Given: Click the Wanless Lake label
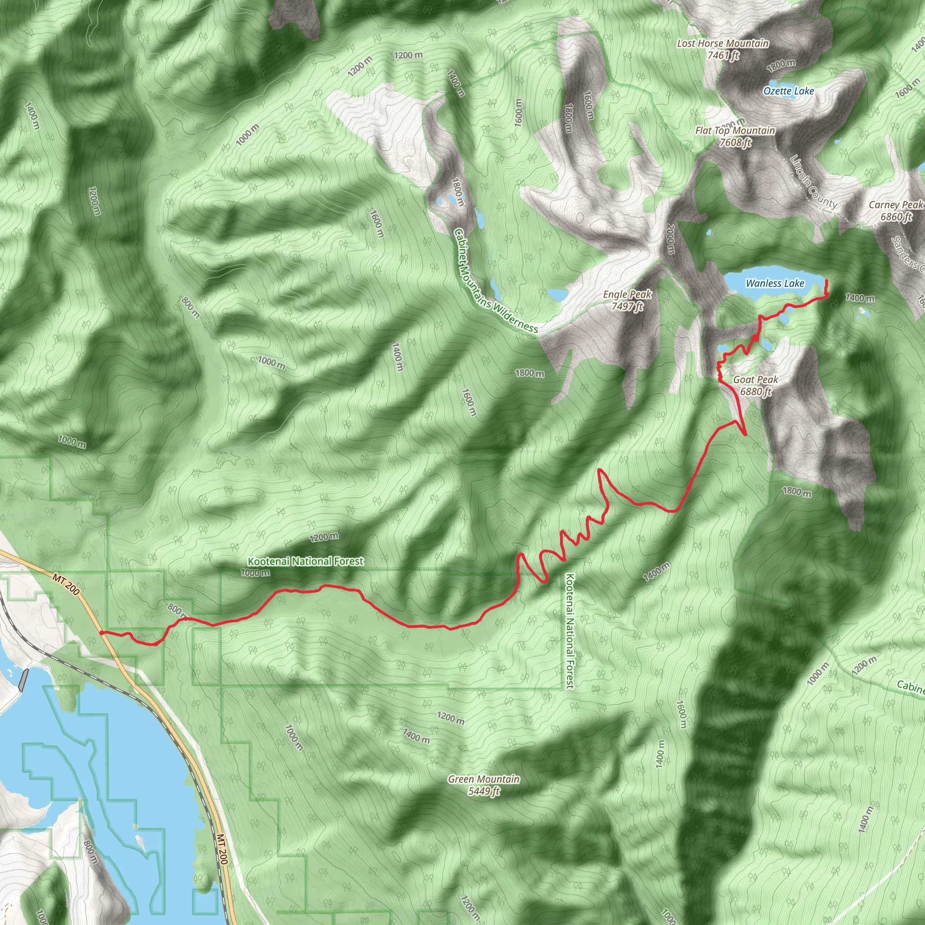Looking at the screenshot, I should click(775, 284).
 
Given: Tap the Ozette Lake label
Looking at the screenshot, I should click(789, 91).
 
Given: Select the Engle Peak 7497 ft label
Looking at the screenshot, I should click(627, 300).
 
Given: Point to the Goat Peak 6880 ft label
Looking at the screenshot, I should click(756, 385).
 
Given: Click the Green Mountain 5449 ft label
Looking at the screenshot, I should click(484, 785).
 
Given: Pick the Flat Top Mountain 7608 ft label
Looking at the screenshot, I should click(735, 136).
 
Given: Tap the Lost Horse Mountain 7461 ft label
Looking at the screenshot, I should click(723, 49).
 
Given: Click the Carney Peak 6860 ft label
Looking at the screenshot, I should click(896, 210).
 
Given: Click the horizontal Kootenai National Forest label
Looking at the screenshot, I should click(305, 561).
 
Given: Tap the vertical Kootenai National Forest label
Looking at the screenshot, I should click(570, 631).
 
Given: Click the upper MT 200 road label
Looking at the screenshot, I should click(66, 584).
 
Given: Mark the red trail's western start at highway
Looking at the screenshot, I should click(101, 632).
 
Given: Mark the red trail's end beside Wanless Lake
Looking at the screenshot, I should click(827, 280).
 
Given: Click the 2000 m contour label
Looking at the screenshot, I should click(670, 239).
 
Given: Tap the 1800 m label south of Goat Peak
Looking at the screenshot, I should click(797, 492).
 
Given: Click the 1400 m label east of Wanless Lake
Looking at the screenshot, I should click(860, 298).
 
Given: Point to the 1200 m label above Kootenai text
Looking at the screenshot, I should click(324, 537).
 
